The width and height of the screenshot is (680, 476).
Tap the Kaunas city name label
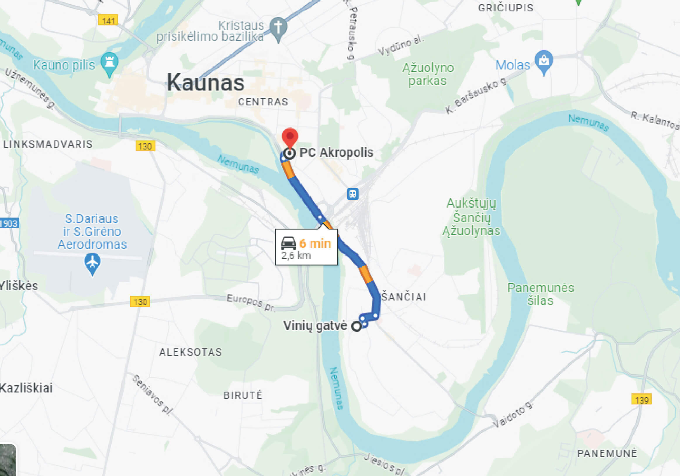coord(205,82)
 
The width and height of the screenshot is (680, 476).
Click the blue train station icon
coord(352,194)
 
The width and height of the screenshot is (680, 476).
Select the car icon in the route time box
coord(288,243)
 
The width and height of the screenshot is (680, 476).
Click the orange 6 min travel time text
coord(315,244)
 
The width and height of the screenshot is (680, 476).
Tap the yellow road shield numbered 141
coord(108,20)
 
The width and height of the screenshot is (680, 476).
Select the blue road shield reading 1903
coord(9,223)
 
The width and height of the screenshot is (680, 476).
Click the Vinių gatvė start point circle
coord(357,326)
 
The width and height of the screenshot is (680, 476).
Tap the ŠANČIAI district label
coord(404,297)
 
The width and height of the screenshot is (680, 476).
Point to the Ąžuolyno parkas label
coord(428,74)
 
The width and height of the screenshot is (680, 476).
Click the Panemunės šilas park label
coord(541,294)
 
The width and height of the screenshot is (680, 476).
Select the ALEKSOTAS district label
coord(191,352)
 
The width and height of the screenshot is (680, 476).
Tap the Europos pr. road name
coord(251,302)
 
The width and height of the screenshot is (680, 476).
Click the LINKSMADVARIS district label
coord(48,144)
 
